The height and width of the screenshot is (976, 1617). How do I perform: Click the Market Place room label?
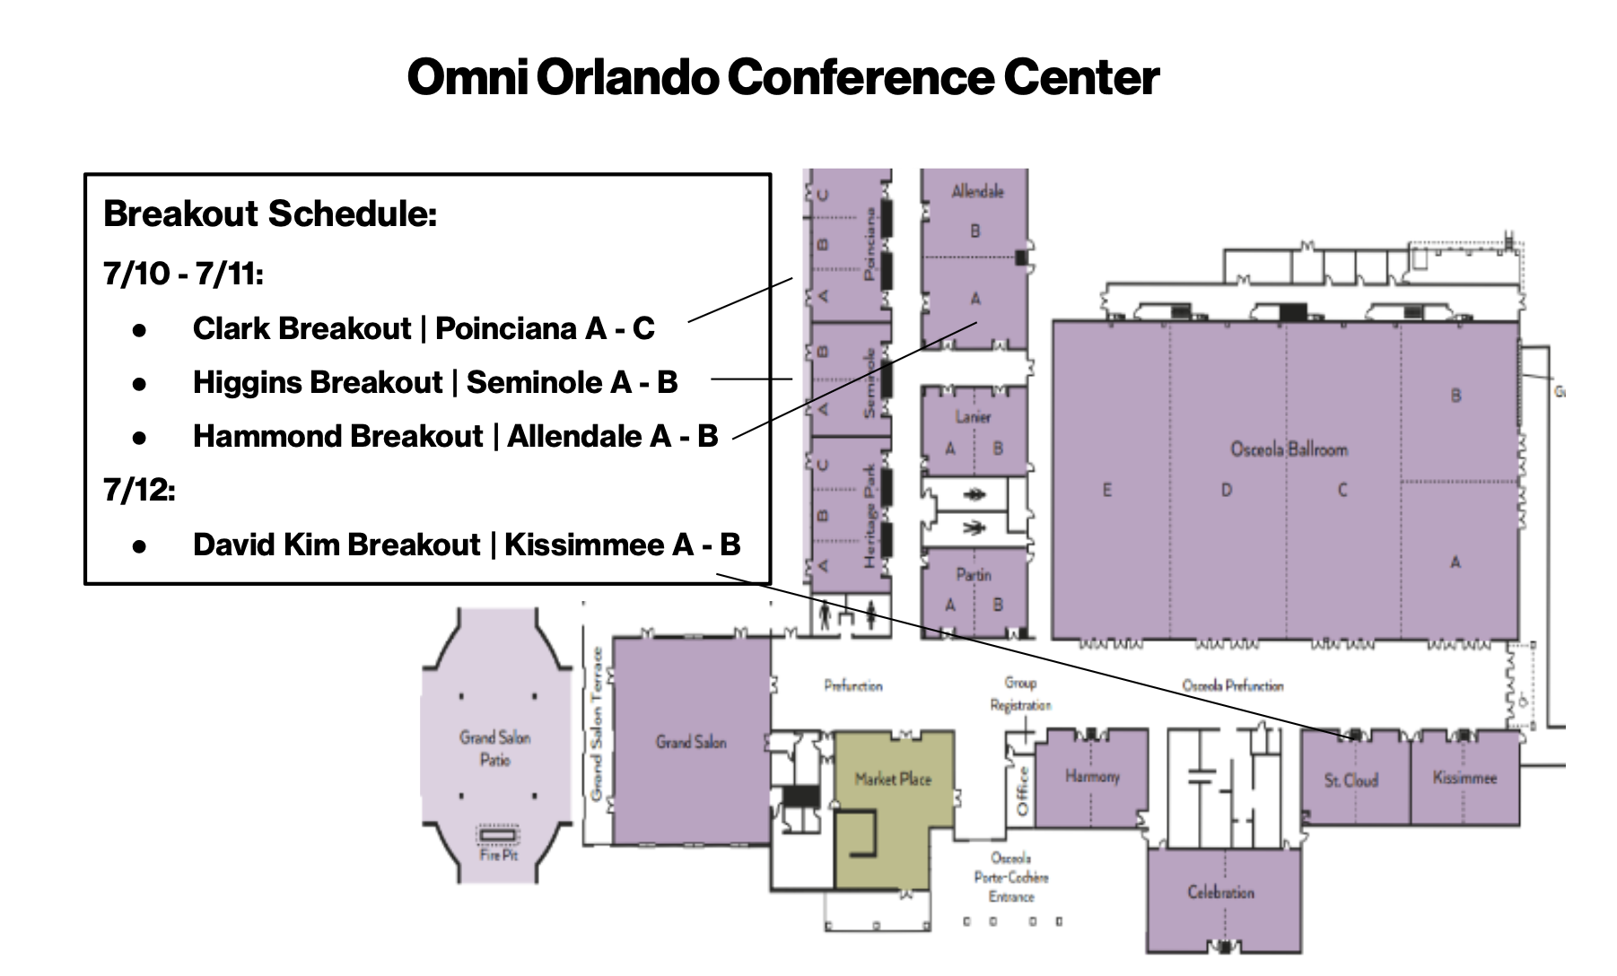click(893, 779)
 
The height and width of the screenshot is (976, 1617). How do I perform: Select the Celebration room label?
click(1220, 893)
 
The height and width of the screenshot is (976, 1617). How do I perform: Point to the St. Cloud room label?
click(1350, 780)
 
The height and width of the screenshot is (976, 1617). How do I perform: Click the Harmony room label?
click(1092, 776)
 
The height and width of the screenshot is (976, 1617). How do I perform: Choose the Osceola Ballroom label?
click(1289, 449)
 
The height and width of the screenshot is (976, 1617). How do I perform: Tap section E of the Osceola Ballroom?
click(1106, 490)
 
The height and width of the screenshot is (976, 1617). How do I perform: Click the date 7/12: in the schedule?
click(139, 491)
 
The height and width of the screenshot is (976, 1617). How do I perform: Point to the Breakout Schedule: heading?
click(270, 214)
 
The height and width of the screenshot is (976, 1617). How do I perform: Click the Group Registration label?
click(1020, 694)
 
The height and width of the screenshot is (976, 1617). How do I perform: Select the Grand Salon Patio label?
click(494, 748)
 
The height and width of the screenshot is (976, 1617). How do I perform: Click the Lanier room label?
click(973, 416)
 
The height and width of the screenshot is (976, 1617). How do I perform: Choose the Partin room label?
click(974, 575)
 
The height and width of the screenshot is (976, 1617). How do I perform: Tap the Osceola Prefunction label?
click(1232, 685)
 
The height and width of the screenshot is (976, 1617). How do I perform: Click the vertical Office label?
click(1021, 791)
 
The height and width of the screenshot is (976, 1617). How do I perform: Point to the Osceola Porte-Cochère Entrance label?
click(1011, 877)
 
